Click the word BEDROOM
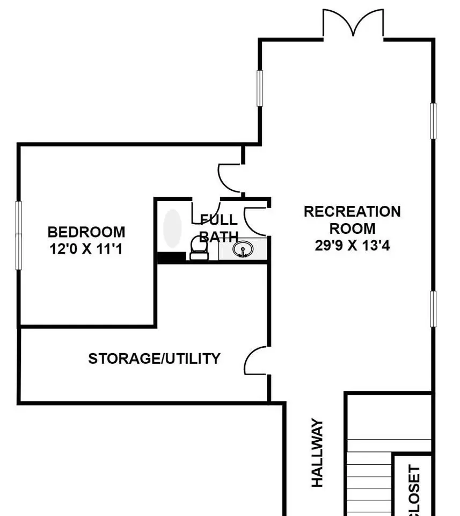point(86,232)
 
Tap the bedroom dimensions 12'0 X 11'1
point(86,249)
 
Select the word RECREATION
point(352,212)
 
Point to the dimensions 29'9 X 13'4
point(352,246)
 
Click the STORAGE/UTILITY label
point(154,359)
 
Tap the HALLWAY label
point(317,453)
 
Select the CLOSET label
point(414,490)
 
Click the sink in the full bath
point(243,249)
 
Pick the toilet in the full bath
point(199,249)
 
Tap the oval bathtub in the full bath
point(172,228)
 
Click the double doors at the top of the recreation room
point(353,23)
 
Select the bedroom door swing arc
point(228,178)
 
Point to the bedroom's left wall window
point(19,235)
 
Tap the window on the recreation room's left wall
point(260,88)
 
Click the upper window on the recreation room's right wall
point(433,121)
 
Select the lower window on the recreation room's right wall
point(433,309)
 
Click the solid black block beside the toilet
point(172,257)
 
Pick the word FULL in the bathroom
point(219,219)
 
